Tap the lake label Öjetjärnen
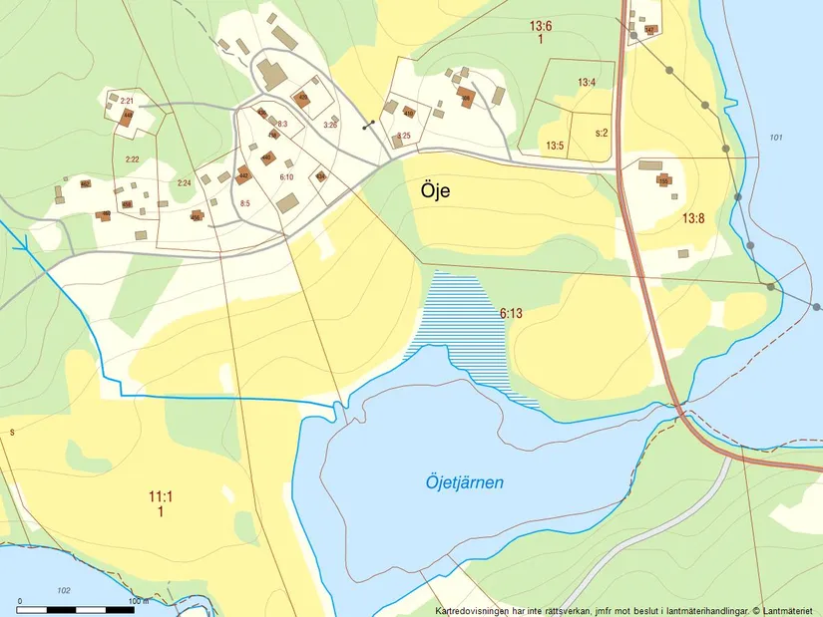point(460,482)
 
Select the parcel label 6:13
point(511,313)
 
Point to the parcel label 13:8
point(693,217)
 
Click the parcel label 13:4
point(586,82)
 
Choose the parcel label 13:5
point(555,146)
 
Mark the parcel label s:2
point(602,132)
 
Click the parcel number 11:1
point(160,495)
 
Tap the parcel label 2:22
point(132,159)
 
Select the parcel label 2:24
point(184,182)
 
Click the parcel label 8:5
point(244,202)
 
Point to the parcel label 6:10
point(286,176)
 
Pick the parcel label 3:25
point(403,135)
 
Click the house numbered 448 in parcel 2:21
point(127,117)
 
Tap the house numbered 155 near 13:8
point(662,181)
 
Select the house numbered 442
point(242,176)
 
